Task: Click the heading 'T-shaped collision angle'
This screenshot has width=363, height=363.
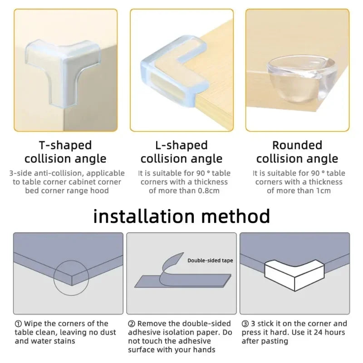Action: [x=65, y=152]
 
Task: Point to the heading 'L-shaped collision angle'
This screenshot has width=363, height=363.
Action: [x=181, y=152]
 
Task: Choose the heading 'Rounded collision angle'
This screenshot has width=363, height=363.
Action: [x=297, y=152]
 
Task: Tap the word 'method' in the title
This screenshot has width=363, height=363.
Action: [x=242, y=216]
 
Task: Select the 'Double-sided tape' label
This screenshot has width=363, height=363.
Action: [x=210, y=260]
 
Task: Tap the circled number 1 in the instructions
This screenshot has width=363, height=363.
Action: [x=18, y=324]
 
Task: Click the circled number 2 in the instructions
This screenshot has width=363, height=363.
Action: [x=131, y=324]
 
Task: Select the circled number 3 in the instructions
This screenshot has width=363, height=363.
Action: [x=245, y=324]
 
